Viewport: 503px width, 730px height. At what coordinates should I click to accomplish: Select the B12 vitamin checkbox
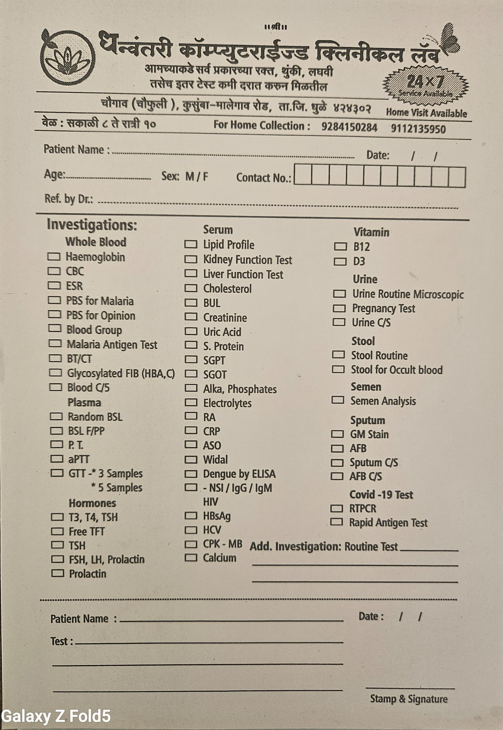point(340,246)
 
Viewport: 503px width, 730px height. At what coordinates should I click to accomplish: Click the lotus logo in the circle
point(68,58)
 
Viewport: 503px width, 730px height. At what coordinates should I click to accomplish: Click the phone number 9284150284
point(349,127)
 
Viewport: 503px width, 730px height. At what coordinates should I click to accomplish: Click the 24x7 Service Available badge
point(425,85)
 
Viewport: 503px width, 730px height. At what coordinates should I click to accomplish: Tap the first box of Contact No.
point(302,175)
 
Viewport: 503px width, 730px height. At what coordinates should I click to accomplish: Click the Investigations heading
point(92,225)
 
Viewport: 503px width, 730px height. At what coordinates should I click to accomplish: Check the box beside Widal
point(191,460)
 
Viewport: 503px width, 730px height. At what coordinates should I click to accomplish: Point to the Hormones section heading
point(92,503)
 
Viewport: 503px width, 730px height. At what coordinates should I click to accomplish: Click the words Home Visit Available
point(426,113)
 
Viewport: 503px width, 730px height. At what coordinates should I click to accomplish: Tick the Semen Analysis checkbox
point(338,400)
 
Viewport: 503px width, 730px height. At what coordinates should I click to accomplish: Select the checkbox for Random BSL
point(56,417)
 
